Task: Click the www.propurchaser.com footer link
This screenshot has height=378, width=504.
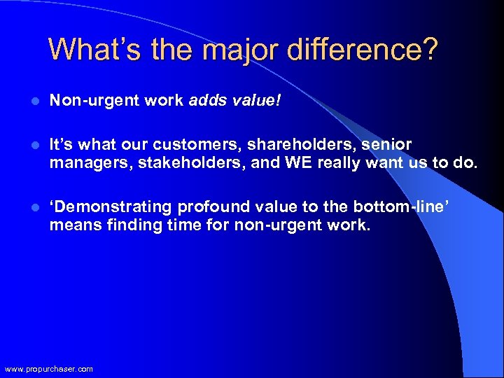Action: click(x=48, y=369)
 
